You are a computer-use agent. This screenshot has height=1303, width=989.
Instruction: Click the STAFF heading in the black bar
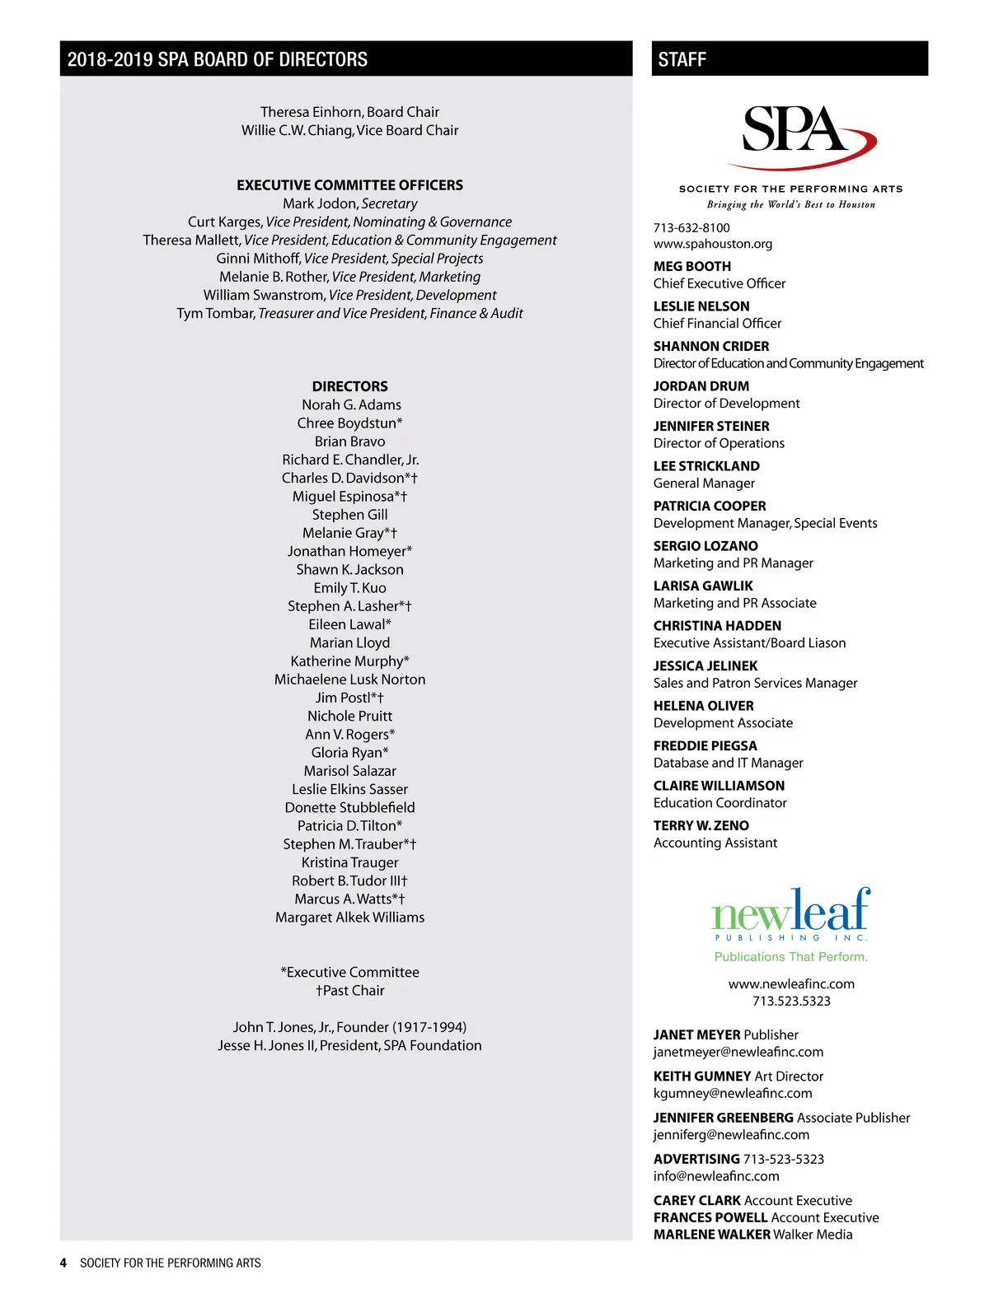coord(682,59)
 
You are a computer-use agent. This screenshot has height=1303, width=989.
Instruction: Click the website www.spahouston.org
coord(712,244)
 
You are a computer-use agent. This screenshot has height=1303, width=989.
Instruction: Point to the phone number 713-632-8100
coord(691,227)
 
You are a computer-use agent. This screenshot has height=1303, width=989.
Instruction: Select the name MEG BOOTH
coord(691,266)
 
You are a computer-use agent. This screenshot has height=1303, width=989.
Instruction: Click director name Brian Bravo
coord(349,441)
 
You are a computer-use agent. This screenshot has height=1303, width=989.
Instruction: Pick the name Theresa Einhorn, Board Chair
coord(349,112)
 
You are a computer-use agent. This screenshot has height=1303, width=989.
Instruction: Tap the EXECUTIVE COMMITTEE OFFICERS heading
coord(349,185)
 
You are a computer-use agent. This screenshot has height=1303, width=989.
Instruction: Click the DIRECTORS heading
coord(349,386)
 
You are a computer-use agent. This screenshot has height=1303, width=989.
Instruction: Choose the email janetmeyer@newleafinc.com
coord(738,1052)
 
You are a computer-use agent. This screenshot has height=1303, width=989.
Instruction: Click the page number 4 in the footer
coord(63,1263)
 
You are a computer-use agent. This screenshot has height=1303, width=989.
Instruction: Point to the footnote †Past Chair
coord(349,991)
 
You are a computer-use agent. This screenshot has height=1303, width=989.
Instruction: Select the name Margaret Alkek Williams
coord(349,918)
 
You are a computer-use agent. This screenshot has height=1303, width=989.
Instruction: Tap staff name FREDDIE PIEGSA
coord(705,745)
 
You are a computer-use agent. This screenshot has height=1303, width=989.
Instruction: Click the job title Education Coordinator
coord(719,803)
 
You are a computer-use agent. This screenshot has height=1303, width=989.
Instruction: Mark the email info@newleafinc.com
coord(716,1176)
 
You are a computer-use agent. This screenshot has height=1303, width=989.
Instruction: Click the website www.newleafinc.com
coord(791,984)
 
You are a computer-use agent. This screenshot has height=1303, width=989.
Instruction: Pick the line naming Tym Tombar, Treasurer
coord(349,313)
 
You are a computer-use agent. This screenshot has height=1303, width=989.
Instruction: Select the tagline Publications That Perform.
coord(790,957)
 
